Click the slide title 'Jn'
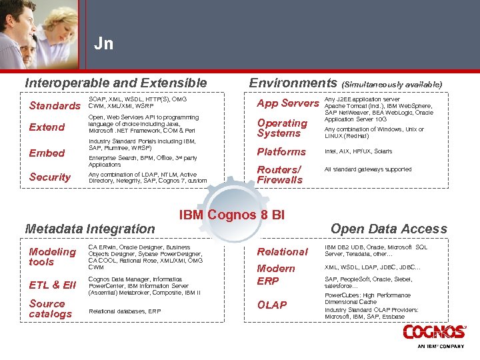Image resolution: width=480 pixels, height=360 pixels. (x=103, y=45)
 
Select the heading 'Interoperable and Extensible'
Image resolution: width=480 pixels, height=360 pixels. (x=116, y=83)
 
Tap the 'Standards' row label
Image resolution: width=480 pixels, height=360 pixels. (x=55, y=106)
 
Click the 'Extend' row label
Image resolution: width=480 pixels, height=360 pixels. (x=47, y=127)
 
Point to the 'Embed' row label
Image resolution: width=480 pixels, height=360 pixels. (x=47, y=153)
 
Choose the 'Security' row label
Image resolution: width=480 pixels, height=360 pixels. (x=50, y=177)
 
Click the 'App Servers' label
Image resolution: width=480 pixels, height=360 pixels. (x=288, y=103)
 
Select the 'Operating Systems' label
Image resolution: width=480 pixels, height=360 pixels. (x=282, y=128)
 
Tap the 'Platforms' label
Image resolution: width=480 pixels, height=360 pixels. (x=281, y=152)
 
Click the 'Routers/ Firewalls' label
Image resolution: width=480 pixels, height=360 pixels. (x=280, y=175)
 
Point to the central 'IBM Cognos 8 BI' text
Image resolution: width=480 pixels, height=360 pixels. (x=232, y=215)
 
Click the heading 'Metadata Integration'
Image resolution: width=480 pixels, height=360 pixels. (x=89, y=229)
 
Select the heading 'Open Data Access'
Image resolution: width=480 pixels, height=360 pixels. (x=389, y=229)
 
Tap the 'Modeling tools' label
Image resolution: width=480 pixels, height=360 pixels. (x=52, y=257)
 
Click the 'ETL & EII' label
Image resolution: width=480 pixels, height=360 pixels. (x=53, y=285)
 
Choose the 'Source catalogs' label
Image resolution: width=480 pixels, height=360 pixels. (x=50, y=309)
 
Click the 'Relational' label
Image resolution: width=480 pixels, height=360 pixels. (x=283, y=252)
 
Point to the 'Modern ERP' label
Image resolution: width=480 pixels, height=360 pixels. (x=276, y=275)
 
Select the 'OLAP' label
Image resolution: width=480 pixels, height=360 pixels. (x=272, y=305)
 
